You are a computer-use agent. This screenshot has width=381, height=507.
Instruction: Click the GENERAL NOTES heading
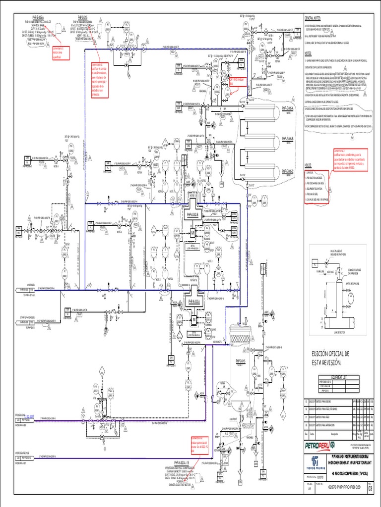[x=313, y=18]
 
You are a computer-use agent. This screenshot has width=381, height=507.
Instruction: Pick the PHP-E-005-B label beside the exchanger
[x=288, y=139]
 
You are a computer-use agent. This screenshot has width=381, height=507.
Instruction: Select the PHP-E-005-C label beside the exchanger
[x=288, y=171]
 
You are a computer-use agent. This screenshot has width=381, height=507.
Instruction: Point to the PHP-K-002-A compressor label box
[x=193, y=301]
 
